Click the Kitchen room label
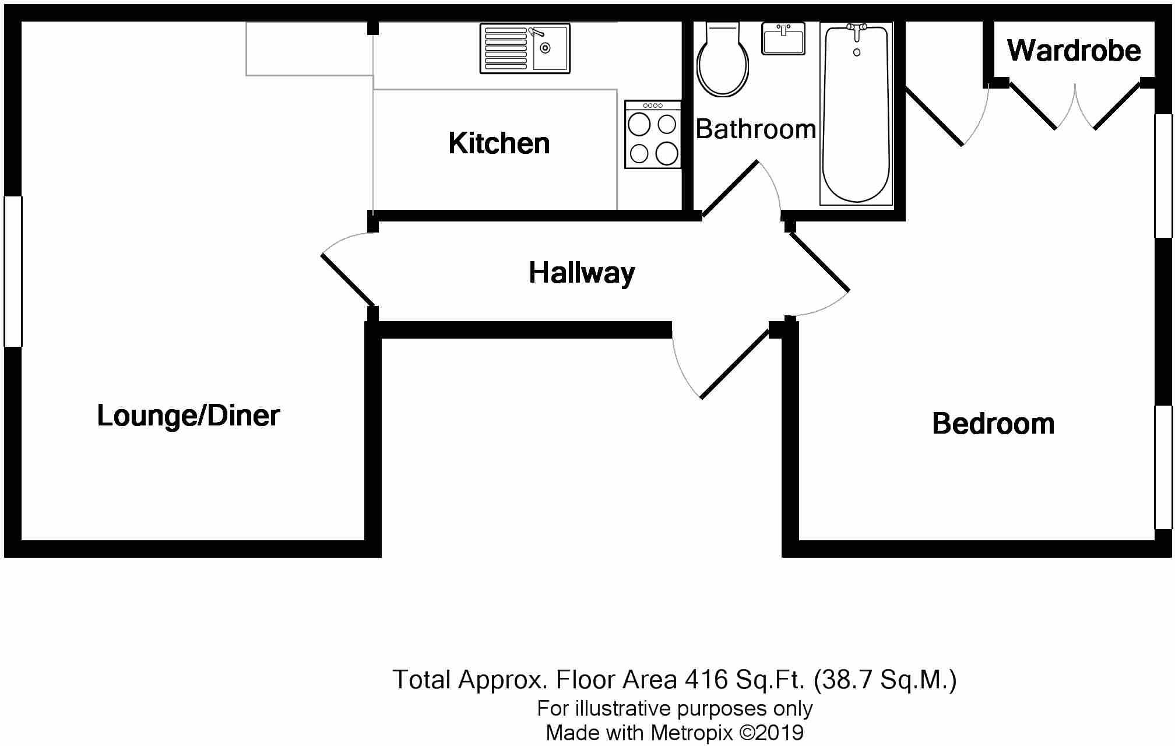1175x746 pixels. (499, 143)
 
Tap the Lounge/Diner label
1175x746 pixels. (188, 416)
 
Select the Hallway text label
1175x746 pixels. (582, 273)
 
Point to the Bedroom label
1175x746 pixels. (993, 424)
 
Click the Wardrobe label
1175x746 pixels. (1074, 51)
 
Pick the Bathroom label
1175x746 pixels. (755, 129)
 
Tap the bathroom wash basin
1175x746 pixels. (783, 38)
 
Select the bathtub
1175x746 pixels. (856, 117)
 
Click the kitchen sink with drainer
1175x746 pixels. (525, 48)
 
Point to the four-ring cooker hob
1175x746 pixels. (653, 135)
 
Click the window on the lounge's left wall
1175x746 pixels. (13, 272)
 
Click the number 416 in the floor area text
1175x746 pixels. (706, 680)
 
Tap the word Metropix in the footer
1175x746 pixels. (691, 733)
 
